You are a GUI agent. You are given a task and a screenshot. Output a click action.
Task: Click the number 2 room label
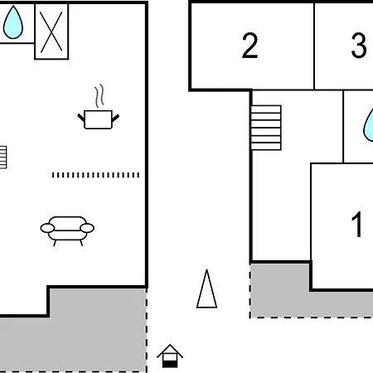[249, 46]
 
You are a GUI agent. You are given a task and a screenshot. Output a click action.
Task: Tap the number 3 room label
[359, 46]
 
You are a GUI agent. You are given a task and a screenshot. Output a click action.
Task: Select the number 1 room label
[357, 224]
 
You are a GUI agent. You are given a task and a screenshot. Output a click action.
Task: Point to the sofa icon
[67, 231]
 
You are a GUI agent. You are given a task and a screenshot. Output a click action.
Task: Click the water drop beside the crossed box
[13, 22]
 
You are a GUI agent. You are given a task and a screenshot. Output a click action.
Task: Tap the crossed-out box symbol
[51, 31]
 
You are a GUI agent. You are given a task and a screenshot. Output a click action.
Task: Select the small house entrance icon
[170, 356]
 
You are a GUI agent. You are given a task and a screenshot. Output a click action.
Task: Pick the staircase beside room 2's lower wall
[266, 128]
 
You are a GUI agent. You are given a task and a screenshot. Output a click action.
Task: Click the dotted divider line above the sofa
[95, 175]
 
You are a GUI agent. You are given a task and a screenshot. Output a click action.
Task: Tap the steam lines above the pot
[99, 96]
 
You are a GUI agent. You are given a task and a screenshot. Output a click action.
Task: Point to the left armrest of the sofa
[47, 228]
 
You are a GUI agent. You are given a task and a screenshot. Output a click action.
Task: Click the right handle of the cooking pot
[115, 118]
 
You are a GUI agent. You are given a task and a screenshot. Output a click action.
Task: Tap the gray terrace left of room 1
[280, 291]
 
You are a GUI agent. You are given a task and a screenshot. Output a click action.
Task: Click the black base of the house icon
[170, 365]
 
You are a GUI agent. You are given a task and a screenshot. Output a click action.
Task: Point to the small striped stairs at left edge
[3, 157]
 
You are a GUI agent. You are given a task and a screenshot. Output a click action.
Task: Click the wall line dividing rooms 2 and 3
[314, 46]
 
